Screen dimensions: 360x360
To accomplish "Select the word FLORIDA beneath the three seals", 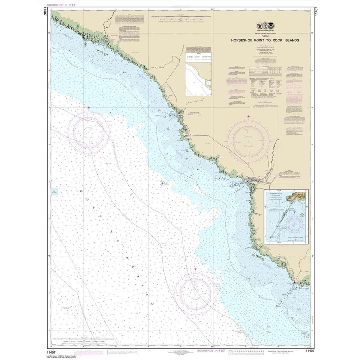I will tap(265, 36).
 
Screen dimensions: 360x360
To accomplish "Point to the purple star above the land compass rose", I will tap(248, 116).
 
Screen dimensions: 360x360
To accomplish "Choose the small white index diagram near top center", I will tap(198, 78).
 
